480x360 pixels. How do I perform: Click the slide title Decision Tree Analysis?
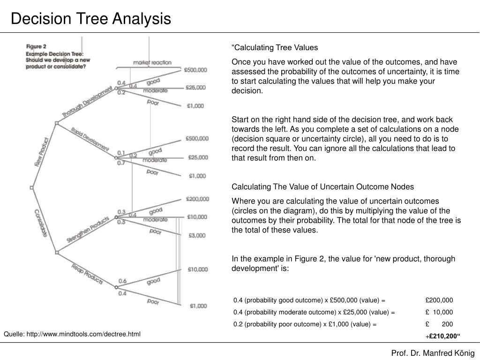91,19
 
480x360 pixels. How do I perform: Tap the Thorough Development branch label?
87,102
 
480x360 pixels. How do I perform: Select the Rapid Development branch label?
90,138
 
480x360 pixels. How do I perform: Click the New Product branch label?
42,152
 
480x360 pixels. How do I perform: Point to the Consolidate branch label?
41,222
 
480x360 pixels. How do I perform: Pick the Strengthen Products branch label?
88,229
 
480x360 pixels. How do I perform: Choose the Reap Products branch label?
87,273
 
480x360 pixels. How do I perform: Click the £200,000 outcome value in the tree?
197,199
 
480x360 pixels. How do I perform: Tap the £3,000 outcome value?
197,235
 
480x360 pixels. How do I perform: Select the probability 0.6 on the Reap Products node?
122,281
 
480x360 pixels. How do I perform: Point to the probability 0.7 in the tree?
121,163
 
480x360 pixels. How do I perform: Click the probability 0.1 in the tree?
121,153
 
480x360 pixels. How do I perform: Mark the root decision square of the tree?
31,187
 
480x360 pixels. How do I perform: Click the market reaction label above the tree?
152,62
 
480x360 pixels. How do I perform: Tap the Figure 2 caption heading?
36,46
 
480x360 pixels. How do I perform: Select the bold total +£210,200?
443,336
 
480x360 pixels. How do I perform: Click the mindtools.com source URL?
72,334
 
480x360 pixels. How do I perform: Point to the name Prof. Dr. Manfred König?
433,353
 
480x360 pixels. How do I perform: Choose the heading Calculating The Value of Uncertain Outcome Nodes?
323,187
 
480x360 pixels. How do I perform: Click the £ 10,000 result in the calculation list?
439,312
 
